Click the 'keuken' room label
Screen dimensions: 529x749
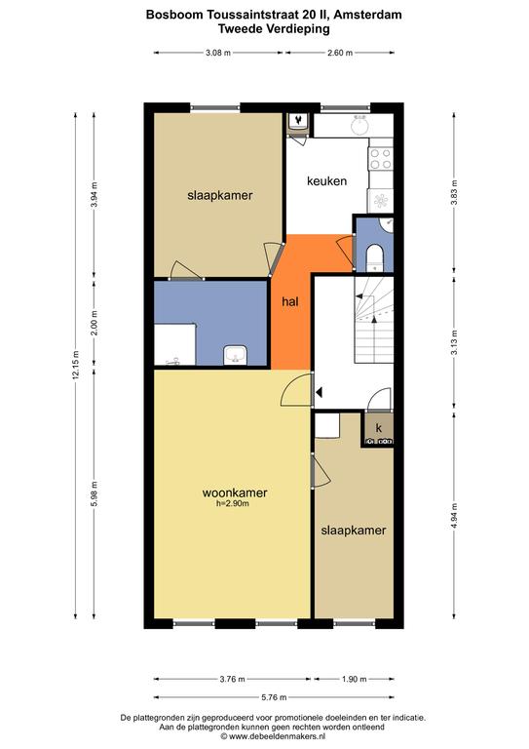click(x=326, y=181)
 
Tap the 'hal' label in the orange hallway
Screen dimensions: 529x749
click(x=290, y=301)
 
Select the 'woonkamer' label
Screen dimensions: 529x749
click(x=235, y=493)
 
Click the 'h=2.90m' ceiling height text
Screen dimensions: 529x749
click(x=233, y=503)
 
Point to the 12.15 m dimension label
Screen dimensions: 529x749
click(x=75, y=365)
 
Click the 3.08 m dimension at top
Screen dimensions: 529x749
click(x=218, y=53)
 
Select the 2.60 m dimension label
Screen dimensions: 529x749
click(x=340, y=53)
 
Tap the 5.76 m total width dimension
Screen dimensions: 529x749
click(x=274, y=697)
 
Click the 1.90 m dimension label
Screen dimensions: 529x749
click(x=354, y=679)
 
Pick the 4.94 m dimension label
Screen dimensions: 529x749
click(x=454, y=516)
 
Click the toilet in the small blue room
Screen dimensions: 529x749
click(x=375, y=257)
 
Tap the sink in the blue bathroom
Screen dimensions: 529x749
click(x=235, y=355)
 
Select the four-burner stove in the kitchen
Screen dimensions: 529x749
click(x=381, y=159)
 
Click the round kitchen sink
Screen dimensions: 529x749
click(x=359, y=126)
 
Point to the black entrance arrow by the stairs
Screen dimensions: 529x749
click(x=320, y=392)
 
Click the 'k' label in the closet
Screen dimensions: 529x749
click(x=379, y=428)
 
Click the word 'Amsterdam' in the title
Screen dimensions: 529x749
click(x=368, y=15)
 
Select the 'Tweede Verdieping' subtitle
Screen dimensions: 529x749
click(x=274, y=28)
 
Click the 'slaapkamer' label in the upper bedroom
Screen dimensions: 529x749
click(x=220, y=195)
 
